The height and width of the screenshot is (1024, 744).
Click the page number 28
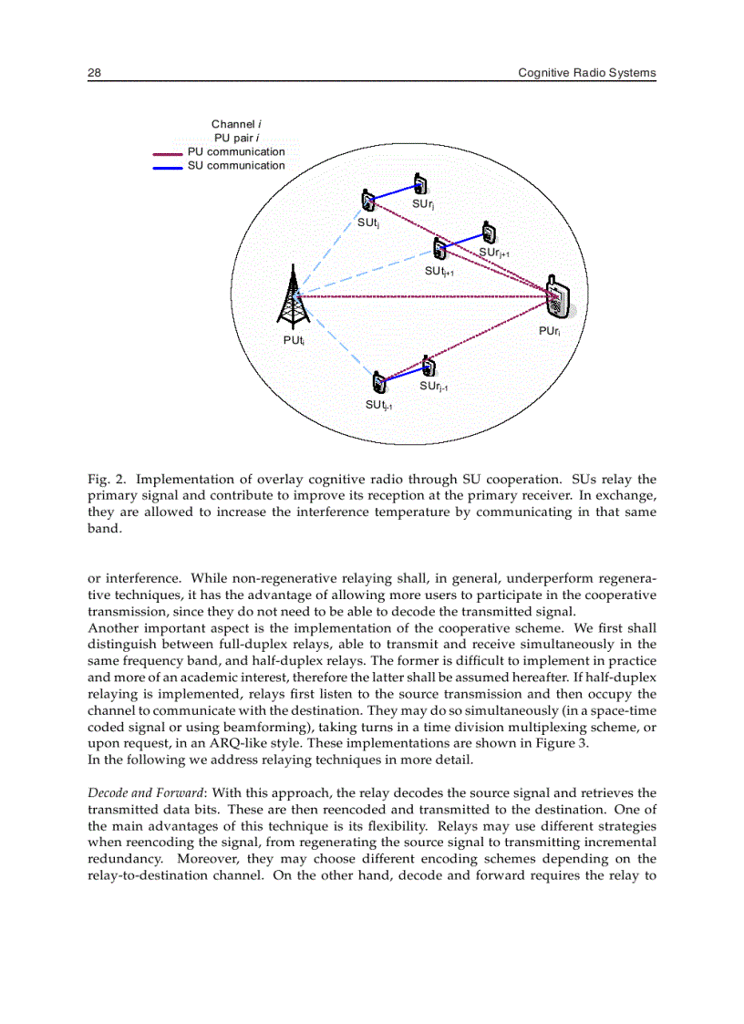(x=94, y=73)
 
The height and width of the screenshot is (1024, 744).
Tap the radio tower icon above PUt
(x=293, y=295)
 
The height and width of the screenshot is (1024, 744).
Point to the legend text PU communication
(x=236, y=152)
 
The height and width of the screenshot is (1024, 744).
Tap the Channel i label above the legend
(x=236, y=124)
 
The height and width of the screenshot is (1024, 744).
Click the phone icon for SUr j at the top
(x=419, y=184)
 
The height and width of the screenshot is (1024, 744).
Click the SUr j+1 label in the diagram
(x=500, y=253)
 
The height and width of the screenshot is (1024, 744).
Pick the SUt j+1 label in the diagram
(x=439, y=272)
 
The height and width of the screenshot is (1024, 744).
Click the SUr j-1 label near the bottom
(x=433, y=387)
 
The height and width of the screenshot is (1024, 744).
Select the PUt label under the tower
(x=293, y=340)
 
